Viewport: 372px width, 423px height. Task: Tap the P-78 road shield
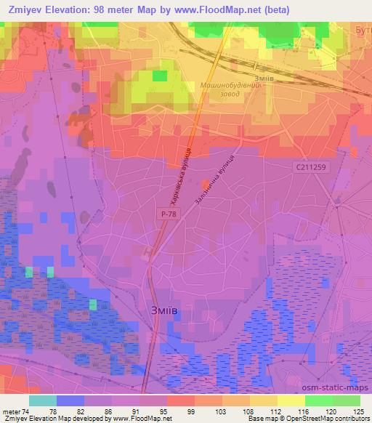[167, 213]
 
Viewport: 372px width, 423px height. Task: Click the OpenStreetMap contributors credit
[334, 419]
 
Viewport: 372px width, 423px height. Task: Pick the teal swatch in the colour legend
[43, 400]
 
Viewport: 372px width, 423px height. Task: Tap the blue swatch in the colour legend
[70, 400]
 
